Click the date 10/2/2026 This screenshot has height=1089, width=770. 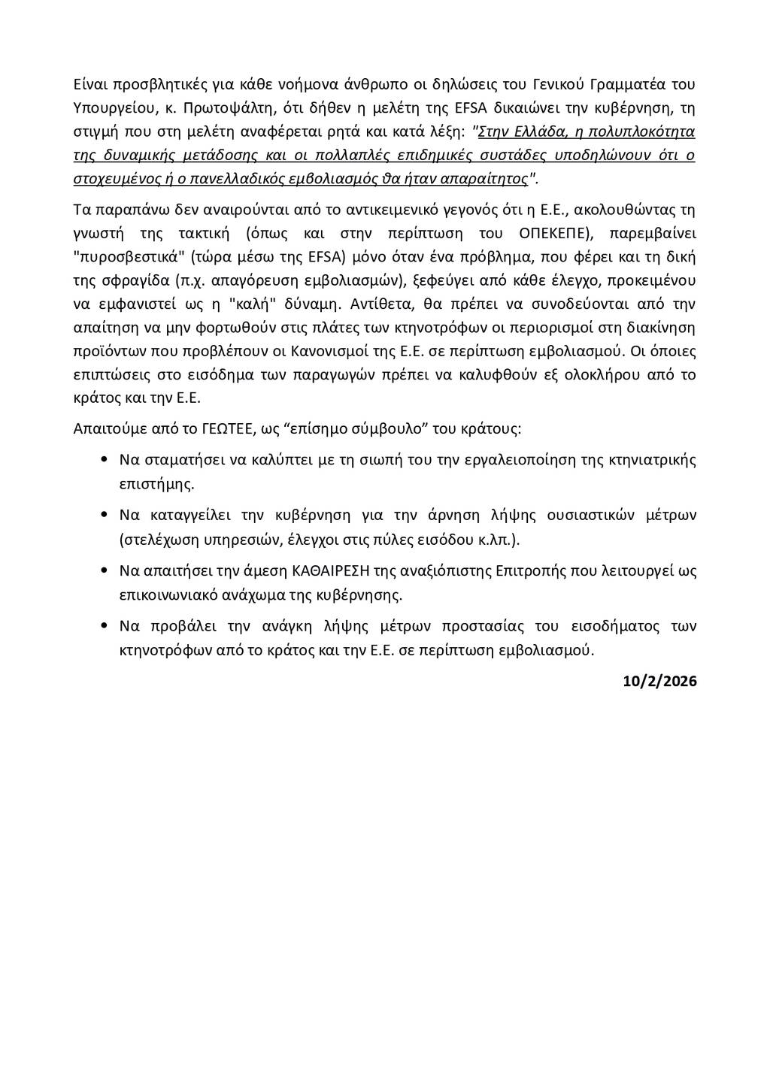click(659, 682)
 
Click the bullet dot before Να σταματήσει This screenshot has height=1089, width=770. click(103, 460)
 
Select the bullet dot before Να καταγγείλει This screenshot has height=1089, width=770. click(103, 516)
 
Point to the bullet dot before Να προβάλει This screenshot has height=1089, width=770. click(103, 627)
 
